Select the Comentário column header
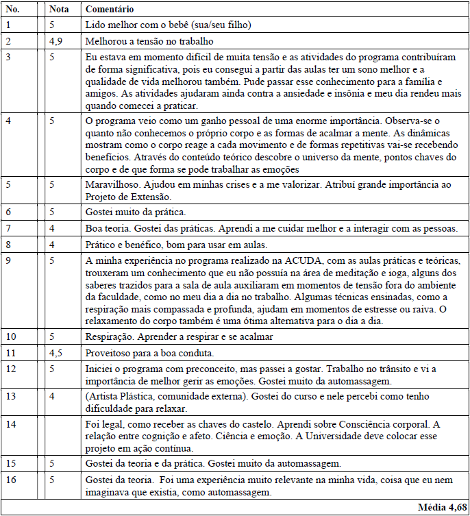tap(110, 10)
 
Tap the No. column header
tap(12, 10)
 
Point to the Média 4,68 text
tap(441, 506)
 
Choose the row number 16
tap(10, 479)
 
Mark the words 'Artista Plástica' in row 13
tap(121, 397)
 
